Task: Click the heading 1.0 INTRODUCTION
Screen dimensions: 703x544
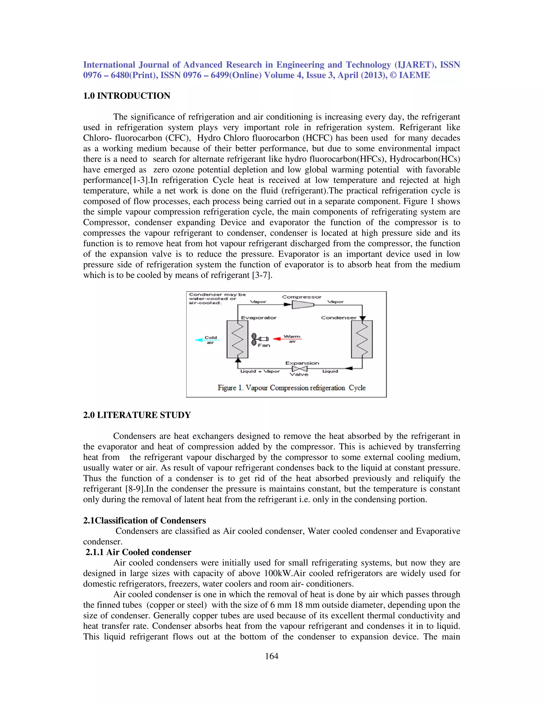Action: coord(127,96)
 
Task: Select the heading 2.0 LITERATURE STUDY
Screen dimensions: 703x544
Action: coord(137,415)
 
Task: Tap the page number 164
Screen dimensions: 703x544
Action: coord(271,656)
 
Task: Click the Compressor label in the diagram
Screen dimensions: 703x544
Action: coord(302,297)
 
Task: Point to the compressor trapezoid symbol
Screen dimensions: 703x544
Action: coord(302,304)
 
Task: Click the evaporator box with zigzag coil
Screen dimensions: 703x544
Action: coord(237,339)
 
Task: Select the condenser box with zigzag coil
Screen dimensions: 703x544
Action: coord(362,339)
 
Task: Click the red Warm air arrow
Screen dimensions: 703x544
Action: coord(287,339)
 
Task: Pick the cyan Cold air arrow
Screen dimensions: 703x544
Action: coord(207,340)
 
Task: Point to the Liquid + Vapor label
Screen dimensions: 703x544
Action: coord(260,371)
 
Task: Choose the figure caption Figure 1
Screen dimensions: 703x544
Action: coord(291,388)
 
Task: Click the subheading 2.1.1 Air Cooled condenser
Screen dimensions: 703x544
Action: coord(138,552)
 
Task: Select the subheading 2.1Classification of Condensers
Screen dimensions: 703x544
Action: coord(144,520)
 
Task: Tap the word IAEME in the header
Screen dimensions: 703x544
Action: coord(414,75)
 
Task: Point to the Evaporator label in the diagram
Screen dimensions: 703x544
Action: coord(258,318)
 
